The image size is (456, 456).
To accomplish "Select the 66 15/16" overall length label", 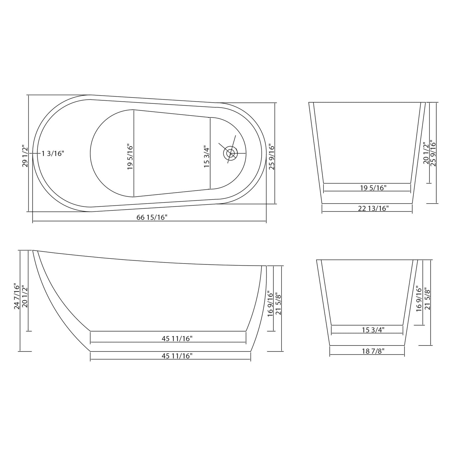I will click(152, 217).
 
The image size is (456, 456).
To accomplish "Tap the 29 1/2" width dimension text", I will click(25, 156).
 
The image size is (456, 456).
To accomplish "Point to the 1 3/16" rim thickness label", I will click(53, 154).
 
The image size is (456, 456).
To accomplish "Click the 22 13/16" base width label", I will click(373, 208).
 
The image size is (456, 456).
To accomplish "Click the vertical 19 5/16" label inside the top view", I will click(130, 157).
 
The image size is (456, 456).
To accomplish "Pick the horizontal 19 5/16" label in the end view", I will click(373, 188).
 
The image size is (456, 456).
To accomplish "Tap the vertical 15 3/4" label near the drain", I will click(206, 157).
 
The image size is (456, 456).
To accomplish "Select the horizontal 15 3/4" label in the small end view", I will click(373, 330).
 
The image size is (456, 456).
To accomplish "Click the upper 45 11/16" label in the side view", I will click(177, 339).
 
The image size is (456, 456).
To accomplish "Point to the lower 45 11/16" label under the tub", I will click(177, 356).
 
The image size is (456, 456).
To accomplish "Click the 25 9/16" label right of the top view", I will click(272, 157).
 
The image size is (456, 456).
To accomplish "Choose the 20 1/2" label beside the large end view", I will click(426, 153).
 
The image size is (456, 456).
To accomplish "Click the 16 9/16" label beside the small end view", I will click(419, 299).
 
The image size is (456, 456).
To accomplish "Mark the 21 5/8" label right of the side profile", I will click(278, 304).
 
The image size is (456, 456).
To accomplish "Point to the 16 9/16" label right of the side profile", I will click(270, 304).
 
